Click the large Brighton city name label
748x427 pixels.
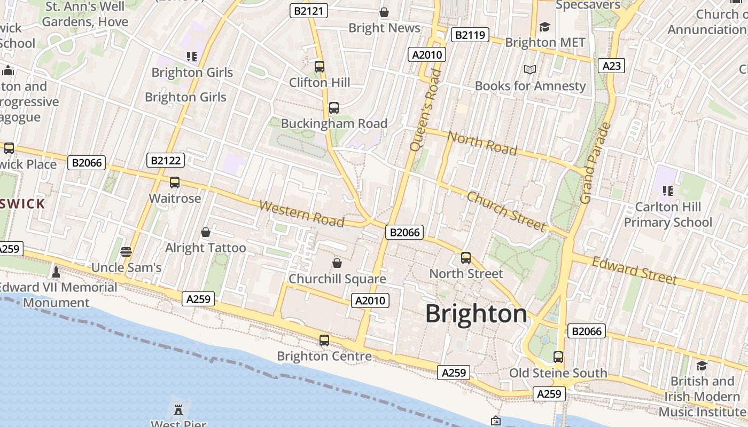click(x=476, y=314)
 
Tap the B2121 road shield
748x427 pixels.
click(x=309, y=11)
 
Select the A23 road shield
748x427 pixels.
click(x=611, y=66)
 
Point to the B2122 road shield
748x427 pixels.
click(x=166, y=160)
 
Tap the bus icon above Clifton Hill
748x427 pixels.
click(x=320, y=67)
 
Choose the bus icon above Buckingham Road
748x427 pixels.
click(x=334, y=108)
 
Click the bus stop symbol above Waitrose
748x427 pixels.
click(x=175, y=183)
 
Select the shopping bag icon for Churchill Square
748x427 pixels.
click(x=337, y=263)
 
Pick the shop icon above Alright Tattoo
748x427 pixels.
click(x=205, y=232)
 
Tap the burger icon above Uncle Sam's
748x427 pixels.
click(x=126, y=251)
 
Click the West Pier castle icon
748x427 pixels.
click(x=178, y=410)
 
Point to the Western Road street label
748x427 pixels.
click(x=301, y=213)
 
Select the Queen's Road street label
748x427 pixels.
click(x=425, y=109)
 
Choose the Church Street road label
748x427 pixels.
click(x=506, y=211)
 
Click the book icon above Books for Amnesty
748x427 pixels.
click(x=530, y=70)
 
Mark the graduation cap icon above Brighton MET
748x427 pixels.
click(x=544, y=27)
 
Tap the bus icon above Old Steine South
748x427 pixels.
click(x=558, y=357)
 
